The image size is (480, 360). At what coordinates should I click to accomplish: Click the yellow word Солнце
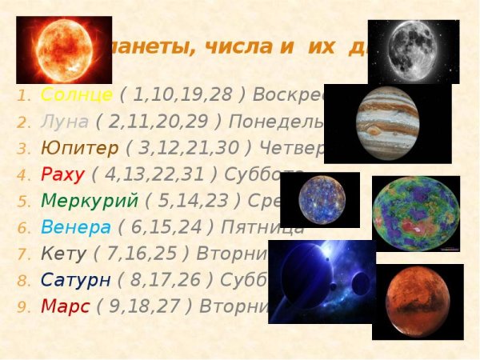click(x=76, y=96)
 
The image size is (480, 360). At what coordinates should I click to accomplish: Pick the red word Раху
click(x=62, y=175)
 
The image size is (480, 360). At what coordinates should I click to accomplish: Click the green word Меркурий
click(x=89, y=201)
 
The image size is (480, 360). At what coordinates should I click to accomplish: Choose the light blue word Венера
click(x=75, y=227)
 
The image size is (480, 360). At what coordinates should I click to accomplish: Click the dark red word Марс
click(x=65, y=306)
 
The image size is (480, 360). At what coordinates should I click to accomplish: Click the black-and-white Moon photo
click(x=414, y=51)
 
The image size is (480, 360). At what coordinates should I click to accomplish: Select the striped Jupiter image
click(x=387, y=122)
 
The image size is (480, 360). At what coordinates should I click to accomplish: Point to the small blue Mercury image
click(x=319, y=200)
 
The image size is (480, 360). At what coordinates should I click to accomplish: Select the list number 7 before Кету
click(x=22, y=254)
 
